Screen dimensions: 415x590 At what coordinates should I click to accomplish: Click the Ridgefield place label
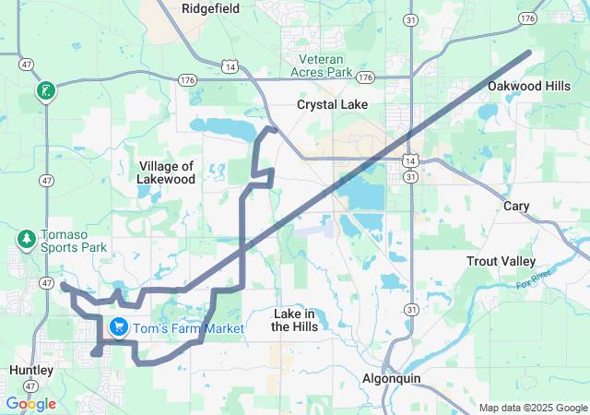(x=210, y=8)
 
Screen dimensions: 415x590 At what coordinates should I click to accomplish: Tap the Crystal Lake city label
(x=332, y=105)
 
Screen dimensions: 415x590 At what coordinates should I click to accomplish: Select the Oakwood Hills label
(x=528, y=86)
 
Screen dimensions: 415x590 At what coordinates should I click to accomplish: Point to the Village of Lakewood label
(x=167, y=172)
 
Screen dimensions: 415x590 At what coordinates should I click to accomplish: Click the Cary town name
(x=516, y=207)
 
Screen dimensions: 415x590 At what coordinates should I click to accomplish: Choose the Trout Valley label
(x=501, y=262)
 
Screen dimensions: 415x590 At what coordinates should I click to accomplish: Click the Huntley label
(x=30, y=370)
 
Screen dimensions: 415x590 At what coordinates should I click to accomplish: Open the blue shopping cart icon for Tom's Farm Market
(x=119, y=326)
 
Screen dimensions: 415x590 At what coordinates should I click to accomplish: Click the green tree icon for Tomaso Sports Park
(x=26, y=239)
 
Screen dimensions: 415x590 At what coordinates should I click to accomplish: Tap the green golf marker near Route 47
(x=44, y=91)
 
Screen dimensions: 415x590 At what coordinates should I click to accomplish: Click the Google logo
(x=30, y=403)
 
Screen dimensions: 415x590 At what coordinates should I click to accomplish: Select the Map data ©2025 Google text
(x=531, y=408)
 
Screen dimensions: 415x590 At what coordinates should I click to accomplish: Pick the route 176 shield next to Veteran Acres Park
(x=366, y=77)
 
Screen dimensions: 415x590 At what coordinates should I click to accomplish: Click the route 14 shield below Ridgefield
(x=230, y=66)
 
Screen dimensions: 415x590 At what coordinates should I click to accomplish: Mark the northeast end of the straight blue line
(x=528, y=53)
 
